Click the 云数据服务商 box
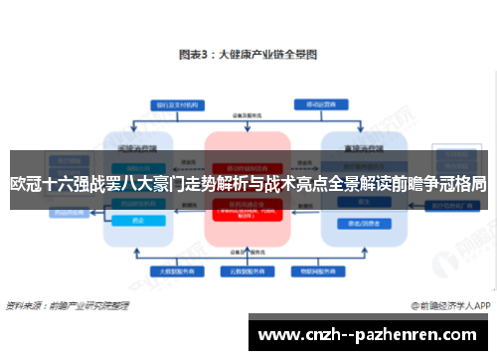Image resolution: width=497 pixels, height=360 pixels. (x=248, y=269)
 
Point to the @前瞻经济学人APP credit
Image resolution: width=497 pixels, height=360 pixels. (x=445, y=305)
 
